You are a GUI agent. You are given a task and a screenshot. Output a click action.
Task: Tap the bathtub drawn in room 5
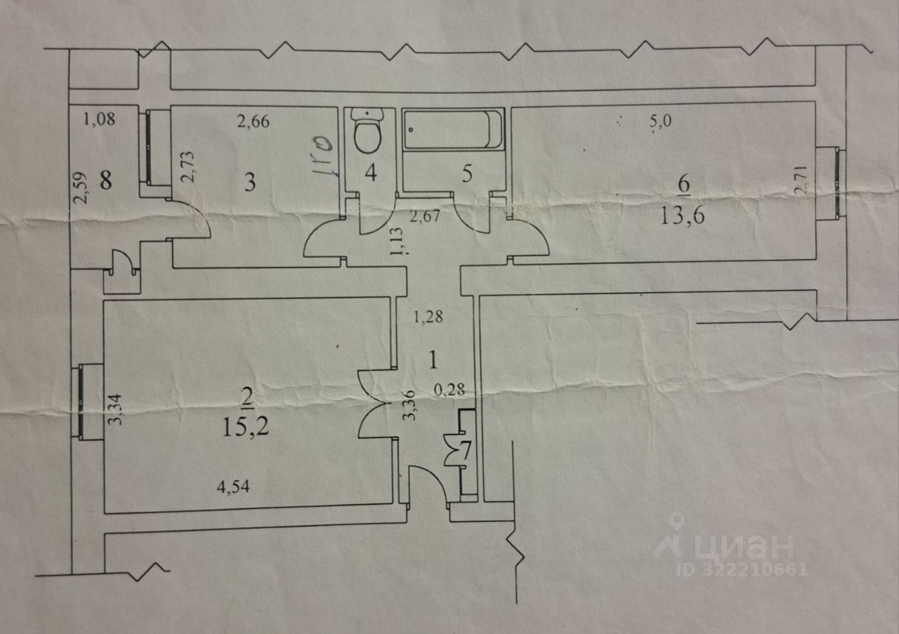coord(454,129)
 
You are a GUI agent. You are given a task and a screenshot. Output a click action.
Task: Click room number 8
coord(106,181)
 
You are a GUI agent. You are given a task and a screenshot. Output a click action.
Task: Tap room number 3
coord(249,183)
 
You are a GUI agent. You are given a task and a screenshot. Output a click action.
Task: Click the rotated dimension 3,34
coord(119,409)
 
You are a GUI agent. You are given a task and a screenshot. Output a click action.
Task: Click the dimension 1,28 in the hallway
coord(427,317)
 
